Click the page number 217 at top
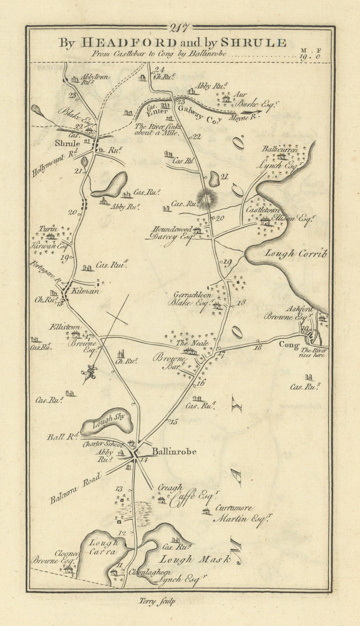[x=180, y=28]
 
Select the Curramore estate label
[x=232, y=509]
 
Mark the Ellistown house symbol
[x=76, y=334]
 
